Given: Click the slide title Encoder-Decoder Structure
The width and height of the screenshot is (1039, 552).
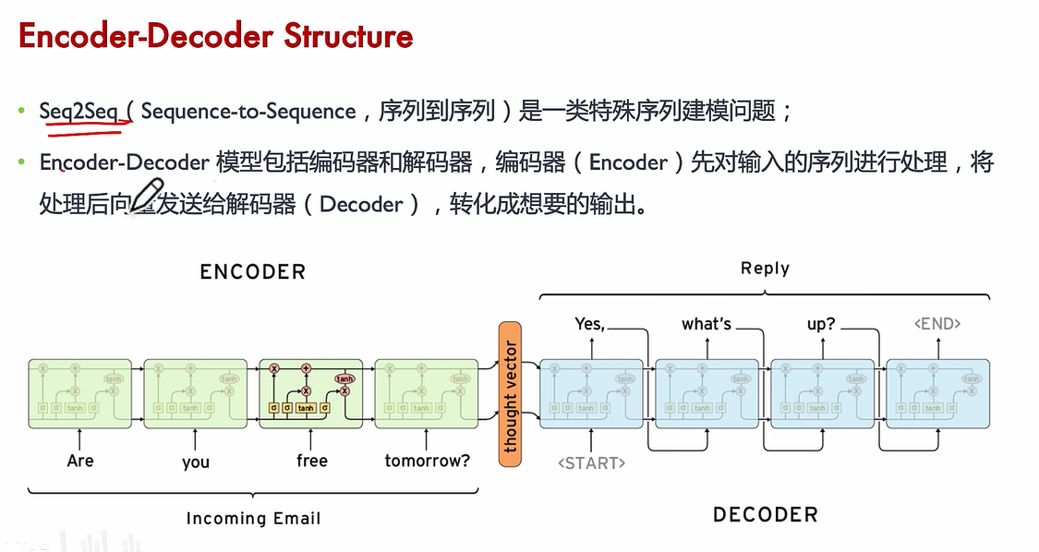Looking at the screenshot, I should [x=215, y=36].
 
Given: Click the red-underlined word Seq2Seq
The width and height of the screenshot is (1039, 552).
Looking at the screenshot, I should [x=79, y=112].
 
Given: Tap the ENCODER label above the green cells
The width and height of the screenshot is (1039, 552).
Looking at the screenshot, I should [x=252, y=271].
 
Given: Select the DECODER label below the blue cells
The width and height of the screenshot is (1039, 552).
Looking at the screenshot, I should [x=765, y=515].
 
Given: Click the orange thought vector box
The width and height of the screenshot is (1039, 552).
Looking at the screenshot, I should [x=510, y=394].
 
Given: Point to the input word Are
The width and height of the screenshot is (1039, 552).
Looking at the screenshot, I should [x=80, y=460].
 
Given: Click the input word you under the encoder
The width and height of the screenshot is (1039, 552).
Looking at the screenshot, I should [x=196, y=462].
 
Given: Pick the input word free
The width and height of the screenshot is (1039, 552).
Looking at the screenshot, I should [x=311, y=460].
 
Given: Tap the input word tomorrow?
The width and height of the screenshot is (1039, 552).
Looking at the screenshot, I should [x=427, y=460].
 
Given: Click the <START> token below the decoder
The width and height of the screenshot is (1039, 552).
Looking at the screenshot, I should [x=591, y=462].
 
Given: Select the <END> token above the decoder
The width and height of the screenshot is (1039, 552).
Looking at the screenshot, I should [x=937, y=324].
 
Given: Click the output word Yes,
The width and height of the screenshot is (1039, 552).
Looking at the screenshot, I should [x=589, y=324].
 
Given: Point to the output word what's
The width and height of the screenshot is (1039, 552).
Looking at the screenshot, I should [x=707, y=324].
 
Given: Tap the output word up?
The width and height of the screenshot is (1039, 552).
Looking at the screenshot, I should [x=821, y=324].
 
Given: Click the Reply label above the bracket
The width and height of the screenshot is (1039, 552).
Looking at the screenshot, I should [x=765, y=269].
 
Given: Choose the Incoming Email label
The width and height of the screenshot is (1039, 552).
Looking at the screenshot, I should [x=253, y=518].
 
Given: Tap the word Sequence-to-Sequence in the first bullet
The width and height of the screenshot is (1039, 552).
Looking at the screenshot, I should [x=248, y=112].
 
